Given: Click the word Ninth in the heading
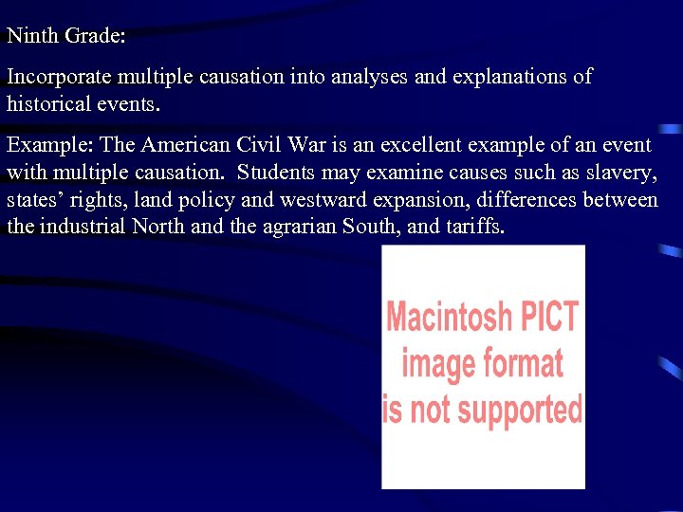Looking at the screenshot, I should click(31, 37).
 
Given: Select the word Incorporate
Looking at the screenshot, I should click(59, 78).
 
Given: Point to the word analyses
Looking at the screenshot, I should click(363, 77).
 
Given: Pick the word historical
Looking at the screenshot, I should click(48, 103).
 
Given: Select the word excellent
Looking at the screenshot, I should click(397, 145).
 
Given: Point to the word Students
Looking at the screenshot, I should click(276, 173).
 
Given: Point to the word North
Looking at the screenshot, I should click(158, 228).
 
